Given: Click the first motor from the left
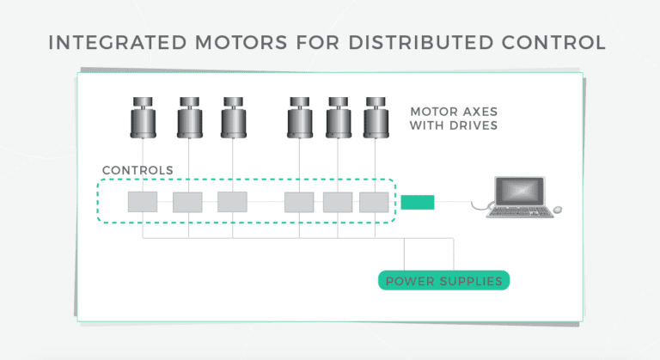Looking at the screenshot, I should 144,118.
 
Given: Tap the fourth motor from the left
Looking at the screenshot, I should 299,118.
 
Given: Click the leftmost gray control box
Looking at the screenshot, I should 143,202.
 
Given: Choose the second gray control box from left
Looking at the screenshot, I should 187,202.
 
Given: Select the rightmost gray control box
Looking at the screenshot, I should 374,202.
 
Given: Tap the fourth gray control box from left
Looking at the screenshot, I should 299,202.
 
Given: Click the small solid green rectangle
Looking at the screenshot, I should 418,203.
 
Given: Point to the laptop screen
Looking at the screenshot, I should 520,190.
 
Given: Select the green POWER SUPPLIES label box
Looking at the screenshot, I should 444,281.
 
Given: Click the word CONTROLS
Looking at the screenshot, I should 137,170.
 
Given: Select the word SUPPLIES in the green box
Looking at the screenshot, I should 472,281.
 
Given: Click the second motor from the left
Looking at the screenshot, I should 190,118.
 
